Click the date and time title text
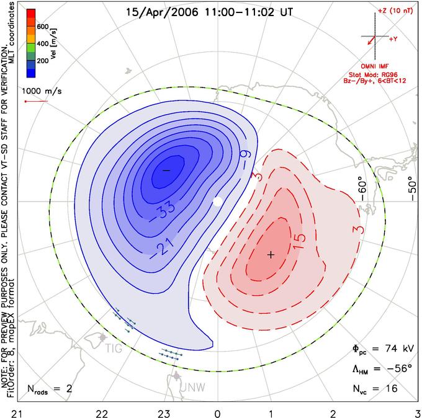(x=209, y=12)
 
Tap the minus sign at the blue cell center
(x=166, y=171)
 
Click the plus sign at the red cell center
(x=271, y=254)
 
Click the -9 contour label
(x=246, y=159)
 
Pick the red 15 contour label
(x=300, y=241)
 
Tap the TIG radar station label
(x=114, y=349)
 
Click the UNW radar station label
(x=192, y=388)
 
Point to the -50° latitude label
(x=412, y=189)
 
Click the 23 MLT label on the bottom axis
(x=164, y=414)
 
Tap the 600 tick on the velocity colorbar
(x=43, y=27)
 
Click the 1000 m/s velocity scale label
(x=42, y=91)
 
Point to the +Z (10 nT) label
(x=395, y=11)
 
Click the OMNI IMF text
(x=375, y=66)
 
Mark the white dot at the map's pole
(x=217, y=202)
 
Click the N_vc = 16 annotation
(x=375, y=389)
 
